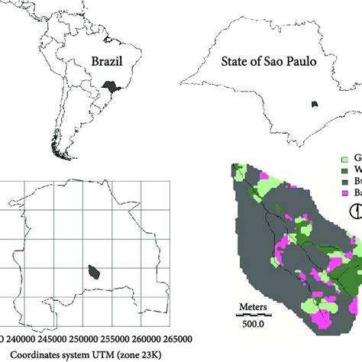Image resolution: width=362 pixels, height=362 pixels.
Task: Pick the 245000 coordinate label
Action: (57, 340)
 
